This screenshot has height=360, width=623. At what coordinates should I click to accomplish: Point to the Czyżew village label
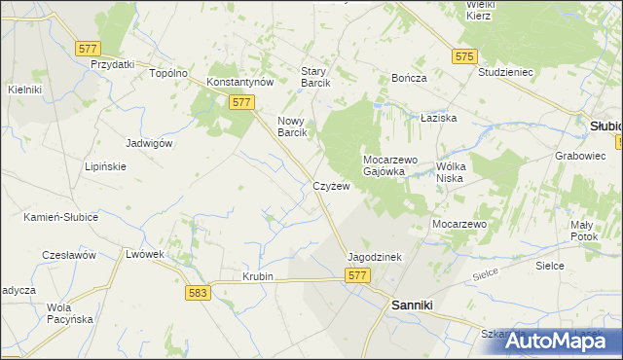click(x=331, y=186)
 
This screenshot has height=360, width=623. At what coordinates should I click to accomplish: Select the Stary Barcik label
click(x=315, y=77)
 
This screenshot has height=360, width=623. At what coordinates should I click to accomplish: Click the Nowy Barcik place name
click(x=293, y=126)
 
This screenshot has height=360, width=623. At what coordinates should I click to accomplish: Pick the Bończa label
click(x=409, y=78)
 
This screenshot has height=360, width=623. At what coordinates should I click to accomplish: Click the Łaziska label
click(x=438, y=117)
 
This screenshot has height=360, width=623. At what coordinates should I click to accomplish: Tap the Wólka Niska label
click(x=460, y=171)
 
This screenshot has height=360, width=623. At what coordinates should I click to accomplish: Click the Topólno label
click(x=166, y=73)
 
